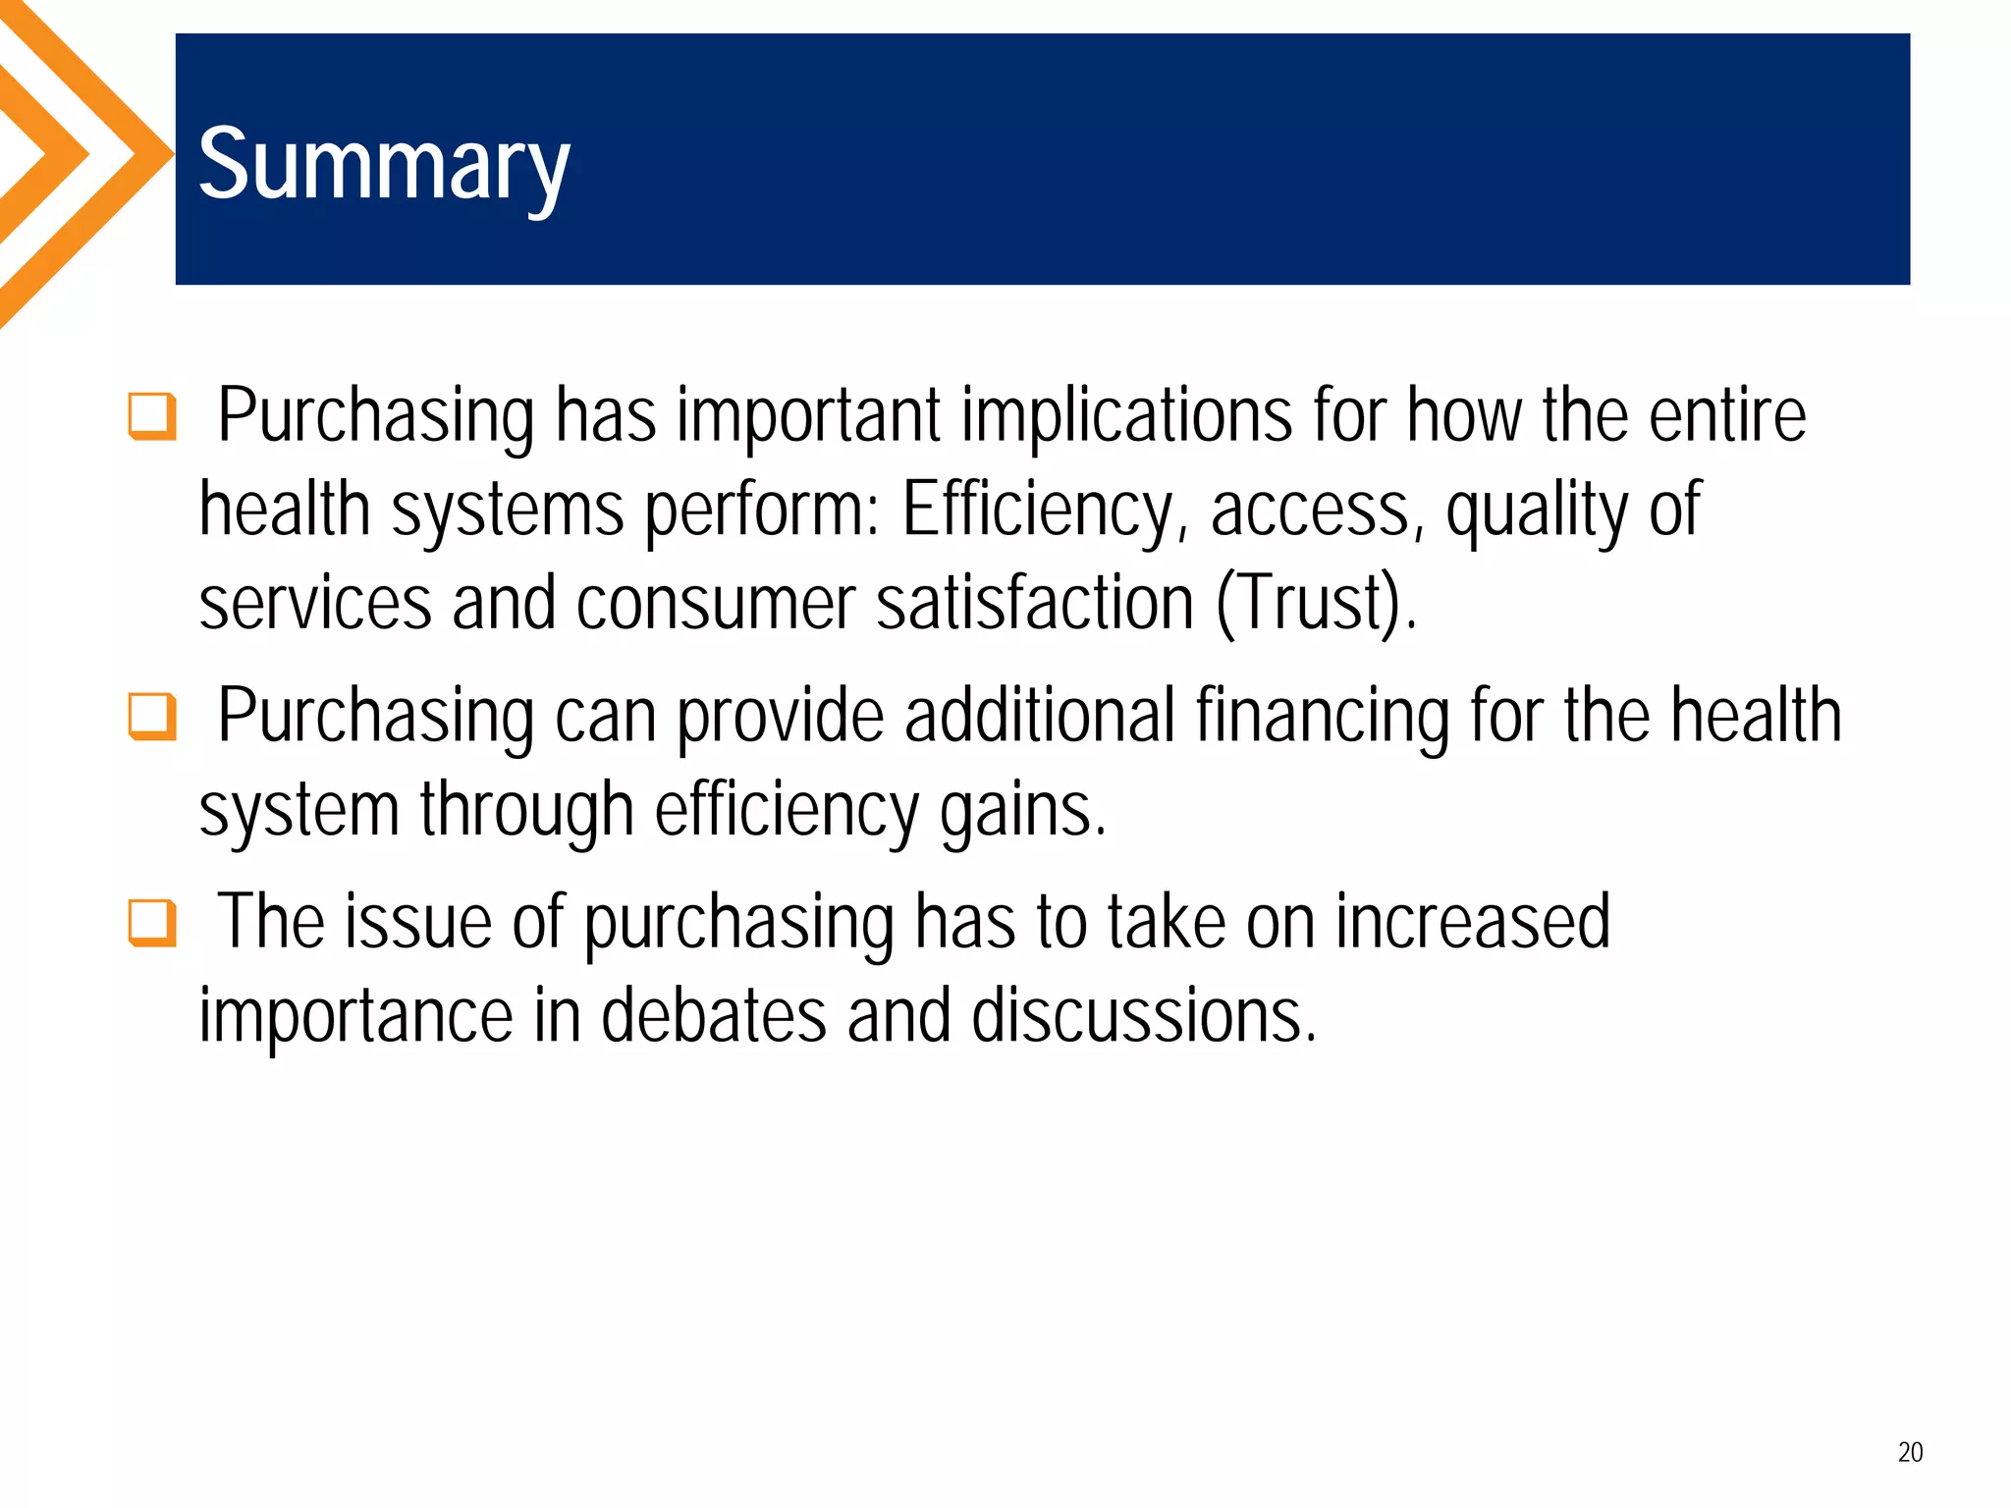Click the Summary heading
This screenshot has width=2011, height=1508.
pos(383,165)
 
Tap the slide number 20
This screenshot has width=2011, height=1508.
pos(1910,1452)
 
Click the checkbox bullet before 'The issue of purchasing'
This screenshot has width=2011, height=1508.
pos(152,923)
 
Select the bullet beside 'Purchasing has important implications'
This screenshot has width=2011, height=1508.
pos(152,416)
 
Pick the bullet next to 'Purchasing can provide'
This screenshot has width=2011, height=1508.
pos(152,717)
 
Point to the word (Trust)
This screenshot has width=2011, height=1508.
pos(1316,603)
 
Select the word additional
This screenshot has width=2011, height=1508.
pos(1039,717)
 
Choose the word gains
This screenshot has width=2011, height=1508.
pos(1022,811)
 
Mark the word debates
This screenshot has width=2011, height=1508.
pos(713,1015)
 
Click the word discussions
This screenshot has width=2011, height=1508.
pos(1143,1015)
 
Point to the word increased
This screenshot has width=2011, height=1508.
pos(1472,923)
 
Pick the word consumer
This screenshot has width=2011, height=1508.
pos(716,603)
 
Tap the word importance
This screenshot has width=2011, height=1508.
pos(355,1015)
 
